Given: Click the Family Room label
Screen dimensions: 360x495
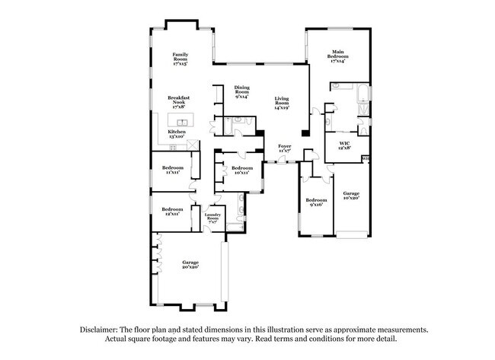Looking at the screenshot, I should [x=180, y=58].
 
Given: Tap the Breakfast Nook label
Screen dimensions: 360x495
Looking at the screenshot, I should [x=179, y=103].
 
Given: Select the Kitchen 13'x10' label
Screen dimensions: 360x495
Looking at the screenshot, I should [x=176, y=133].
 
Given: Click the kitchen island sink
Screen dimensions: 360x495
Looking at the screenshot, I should [x=182, y=122].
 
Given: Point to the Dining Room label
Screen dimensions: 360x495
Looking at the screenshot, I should [x=242, y=92].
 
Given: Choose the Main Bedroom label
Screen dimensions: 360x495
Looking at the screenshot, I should [x=339, y=57].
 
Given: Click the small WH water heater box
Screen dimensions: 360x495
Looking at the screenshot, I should [x=366, y=158].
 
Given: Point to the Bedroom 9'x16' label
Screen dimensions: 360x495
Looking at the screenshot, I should [x=315, y=202].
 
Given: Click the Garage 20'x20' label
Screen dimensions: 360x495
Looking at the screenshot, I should [x=190, y=264].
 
